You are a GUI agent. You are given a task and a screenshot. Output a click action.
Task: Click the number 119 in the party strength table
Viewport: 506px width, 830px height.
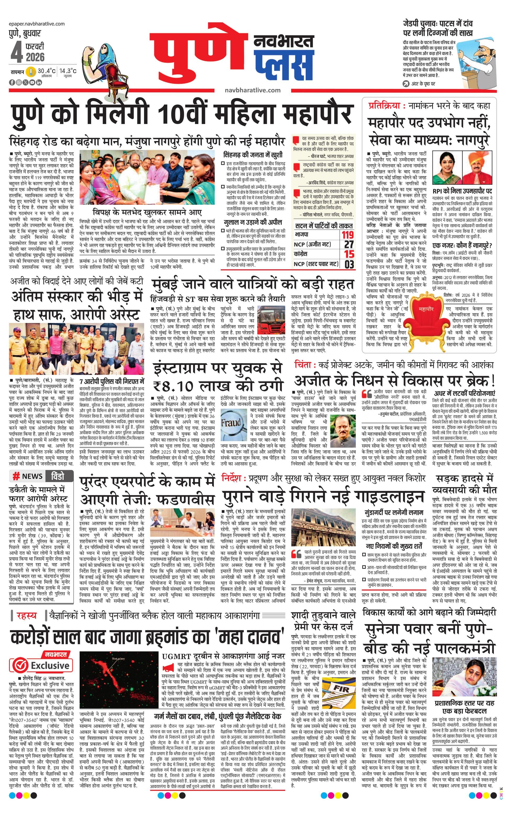347,234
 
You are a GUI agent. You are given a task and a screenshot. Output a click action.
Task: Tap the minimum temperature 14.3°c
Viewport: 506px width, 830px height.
68,71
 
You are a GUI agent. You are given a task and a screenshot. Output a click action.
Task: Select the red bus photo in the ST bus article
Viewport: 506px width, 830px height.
269,320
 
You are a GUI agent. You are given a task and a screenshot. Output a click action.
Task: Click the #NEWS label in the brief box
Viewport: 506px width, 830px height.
28,476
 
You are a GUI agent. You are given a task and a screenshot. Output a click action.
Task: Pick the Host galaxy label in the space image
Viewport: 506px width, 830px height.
118,659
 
